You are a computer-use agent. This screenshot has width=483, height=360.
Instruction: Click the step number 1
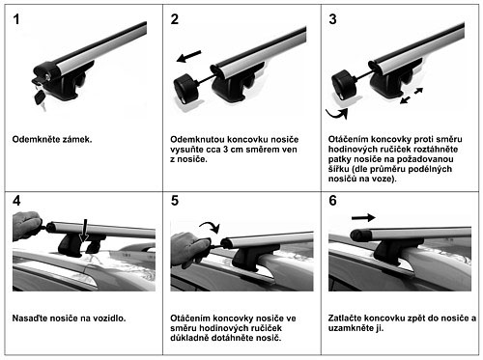click(x=16, y=19)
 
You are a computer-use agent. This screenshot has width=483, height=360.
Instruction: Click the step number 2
click(x=175, y=19)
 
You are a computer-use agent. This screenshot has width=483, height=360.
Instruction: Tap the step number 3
click(x=332, y=19)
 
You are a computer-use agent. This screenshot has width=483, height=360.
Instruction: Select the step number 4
click(x=16, y=201)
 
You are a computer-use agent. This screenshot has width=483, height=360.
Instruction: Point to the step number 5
click(x=175, y=201)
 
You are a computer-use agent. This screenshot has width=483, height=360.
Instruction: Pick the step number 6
click(x=332, y=201)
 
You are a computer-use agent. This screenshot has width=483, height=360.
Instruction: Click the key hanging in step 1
click(x=41, y=97)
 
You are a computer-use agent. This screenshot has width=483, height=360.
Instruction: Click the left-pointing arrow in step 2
click(x=189, y=57)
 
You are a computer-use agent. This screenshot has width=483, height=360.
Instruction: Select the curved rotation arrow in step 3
click(x=337, y=114)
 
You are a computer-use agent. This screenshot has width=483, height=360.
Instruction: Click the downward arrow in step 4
click(x=84, y=231)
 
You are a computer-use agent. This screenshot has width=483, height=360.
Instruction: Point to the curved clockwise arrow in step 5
click(x=211, y=226)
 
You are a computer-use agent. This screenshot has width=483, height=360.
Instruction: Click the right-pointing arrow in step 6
click(x=363, y=218)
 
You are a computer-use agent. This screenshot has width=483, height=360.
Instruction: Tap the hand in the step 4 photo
click(x=26, y=226)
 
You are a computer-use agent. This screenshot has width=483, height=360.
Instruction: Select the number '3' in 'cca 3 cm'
click(x=226, y=150)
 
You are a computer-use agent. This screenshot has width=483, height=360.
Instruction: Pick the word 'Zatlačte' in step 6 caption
click(x=346, y=318)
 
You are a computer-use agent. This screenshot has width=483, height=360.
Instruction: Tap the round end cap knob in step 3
click(x=344, y=84)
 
